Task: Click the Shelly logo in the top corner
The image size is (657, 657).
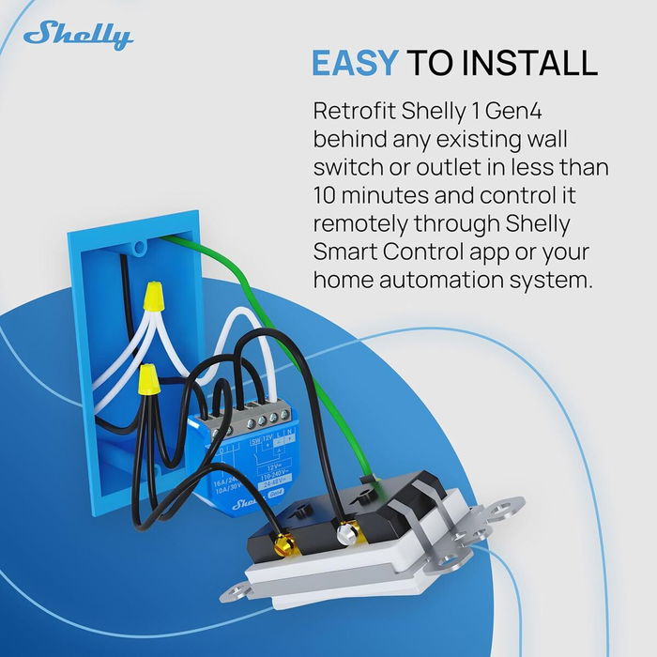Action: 78,35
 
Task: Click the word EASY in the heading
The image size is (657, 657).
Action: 355,63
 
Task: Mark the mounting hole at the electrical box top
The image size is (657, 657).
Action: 140,249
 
